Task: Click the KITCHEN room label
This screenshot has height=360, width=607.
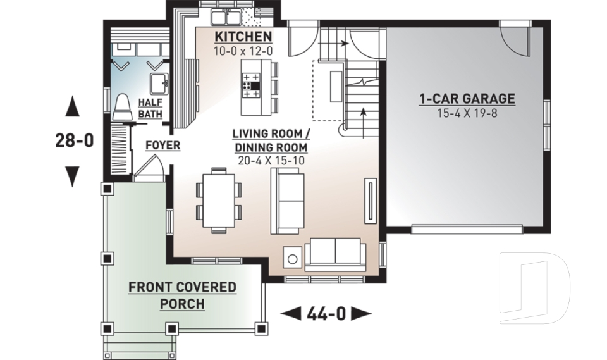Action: (x=243, y=37)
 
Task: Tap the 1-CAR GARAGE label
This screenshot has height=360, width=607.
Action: (x=467, y=99)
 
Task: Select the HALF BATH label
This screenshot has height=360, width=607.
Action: (x=150, y=108)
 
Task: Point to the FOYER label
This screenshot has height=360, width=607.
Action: (x=163, y=146)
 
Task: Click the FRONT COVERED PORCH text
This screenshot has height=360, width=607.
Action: (x=182, y=295)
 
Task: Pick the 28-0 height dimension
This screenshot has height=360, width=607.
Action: (x=75, y=140)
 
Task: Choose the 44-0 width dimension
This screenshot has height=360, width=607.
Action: (x=326, y=314)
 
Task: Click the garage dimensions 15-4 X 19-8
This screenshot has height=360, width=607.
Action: (x=467, y=113)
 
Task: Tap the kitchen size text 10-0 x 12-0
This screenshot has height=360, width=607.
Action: (x=243, y=51)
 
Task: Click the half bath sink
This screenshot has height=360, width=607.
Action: (x=159, y=84)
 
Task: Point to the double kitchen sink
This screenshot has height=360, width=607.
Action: (x=226, y=17)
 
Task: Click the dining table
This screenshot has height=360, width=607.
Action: (x=219, y=201)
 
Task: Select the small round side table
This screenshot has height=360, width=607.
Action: (x=293, y=258)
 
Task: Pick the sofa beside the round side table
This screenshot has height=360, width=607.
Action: (x=335, y=254)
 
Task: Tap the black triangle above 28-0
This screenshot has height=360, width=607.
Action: (x=72, y=106)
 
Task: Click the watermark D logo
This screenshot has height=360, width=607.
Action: (x=534, y=288)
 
